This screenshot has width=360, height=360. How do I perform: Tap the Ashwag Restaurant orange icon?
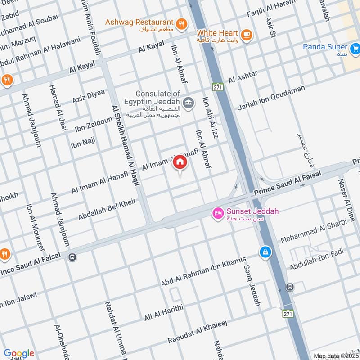coord(181,24)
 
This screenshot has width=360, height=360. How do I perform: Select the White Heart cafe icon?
coord(246,35)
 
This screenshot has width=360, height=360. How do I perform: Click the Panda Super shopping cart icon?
coord(355,48)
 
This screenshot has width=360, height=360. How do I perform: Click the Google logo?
coord(19,353)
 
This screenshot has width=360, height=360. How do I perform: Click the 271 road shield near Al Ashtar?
coord(219,87)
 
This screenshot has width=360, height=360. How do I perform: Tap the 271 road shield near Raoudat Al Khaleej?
coord(288,313)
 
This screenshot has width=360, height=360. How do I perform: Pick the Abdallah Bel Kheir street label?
coord(107,209)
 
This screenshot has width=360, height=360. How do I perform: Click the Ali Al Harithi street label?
coord(164,312)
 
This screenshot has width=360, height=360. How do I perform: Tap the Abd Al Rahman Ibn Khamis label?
coord(203,271)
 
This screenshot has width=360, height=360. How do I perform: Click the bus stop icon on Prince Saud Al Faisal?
coord(72,257)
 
